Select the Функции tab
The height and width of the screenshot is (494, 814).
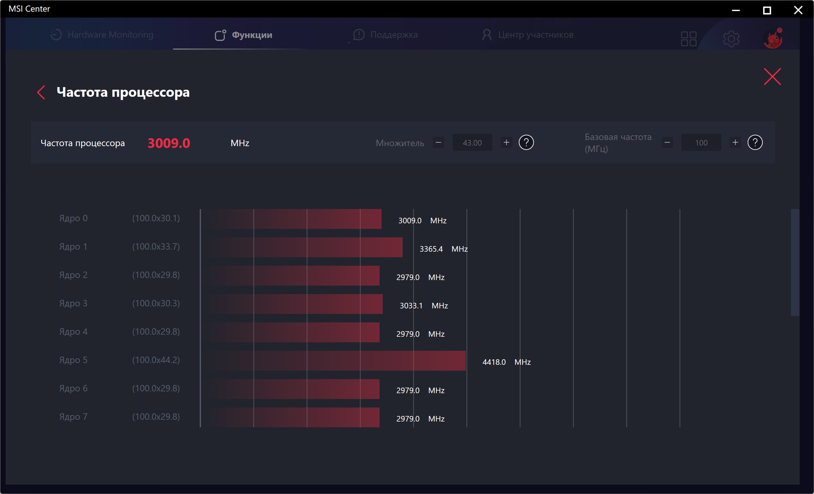click(244, 35)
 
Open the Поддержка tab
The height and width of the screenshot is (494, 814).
click(386, 35)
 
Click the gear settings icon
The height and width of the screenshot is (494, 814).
click(731, 39)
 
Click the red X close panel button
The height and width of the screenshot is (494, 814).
click(772, 77)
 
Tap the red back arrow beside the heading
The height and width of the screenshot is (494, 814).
click(41, 92)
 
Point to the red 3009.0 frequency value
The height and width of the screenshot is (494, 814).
click(169, 143)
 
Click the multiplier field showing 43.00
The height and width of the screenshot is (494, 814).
click(472, 143)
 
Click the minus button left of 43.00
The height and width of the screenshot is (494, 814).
click(438, 142)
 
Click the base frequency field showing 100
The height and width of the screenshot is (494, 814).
click(701, 143)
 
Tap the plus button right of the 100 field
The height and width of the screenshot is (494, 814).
click(735, 142)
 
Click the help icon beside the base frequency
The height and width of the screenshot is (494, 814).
click(755, 142)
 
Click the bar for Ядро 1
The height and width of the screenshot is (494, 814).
click(306, 247)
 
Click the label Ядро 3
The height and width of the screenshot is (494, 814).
click(73, 303)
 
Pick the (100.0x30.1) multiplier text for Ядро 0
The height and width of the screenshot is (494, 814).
click(156, 218)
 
